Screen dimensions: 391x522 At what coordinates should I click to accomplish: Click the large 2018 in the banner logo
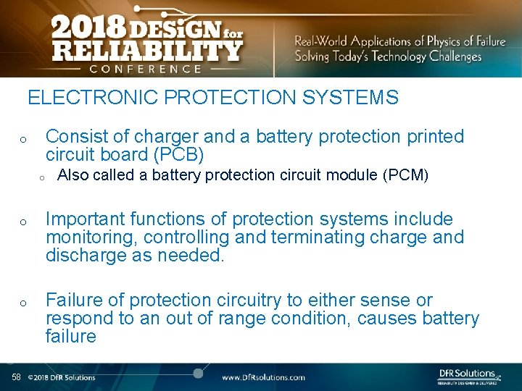pyautogui.click(x=85, y=30)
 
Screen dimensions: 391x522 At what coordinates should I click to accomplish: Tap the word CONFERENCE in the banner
pyautogui.click(x=145, y=69)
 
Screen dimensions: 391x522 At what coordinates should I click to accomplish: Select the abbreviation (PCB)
pyautogui.click(x=178, y=155)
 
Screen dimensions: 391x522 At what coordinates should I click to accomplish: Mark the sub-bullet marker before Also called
pyautogui.click(x=42, y=176)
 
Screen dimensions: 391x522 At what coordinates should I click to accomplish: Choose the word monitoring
pyautogui.click(x=91, y=237)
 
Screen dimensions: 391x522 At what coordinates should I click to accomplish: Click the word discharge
pyautogui.click(x=87, y=256)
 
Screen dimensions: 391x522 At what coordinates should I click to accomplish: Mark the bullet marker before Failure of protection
pyautogui.click(x=23, y=302)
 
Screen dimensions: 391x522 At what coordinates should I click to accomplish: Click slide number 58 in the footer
pyautogui.click(x=16, y=377)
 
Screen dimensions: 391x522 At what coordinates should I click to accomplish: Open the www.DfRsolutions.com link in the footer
pyautogui.click(x=263, y=377)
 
